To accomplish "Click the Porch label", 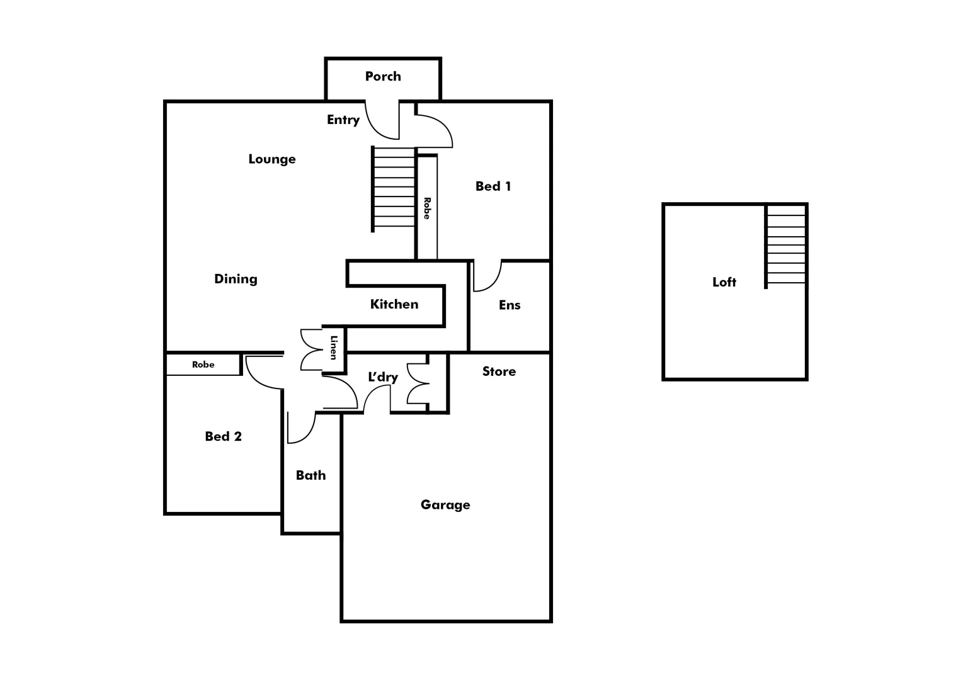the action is point(383,76).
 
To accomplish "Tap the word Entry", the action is point(343,120).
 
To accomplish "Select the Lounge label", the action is point(272,159).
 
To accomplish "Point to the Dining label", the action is point(236,279).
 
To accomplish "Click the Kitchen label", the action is point(394,304).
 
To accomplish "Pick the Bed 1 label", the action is point(493,186).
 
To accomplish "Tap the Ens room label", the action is point(510,305).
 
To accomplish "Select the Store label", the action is point(499,371).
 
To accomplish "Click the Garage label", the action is point(445,505).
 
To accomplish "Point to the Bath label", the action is point(311,475).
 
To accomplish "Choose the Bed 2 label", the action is point(224,436).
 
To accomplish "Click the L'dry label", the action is point(383,377).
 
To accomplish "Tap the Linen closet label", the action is point(334,348).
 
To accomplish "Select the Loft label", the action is point(724,282).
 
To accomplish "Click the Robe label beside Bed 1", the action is point(427,208).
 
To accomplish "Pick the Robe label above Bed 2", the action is point(203,365).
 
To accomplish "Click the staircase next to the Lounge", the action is point(394,189).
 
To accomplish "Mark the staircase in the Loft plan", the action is point(786,246).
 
